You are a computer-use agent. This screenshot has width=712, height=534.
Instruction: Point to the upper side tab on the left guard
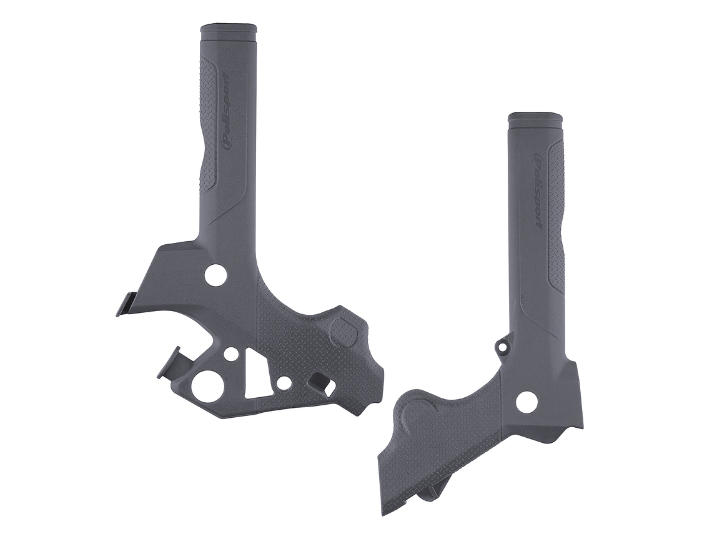point(125,303)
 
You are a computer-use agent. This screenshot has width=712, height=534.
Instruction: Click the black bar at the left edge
point(44,267)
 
